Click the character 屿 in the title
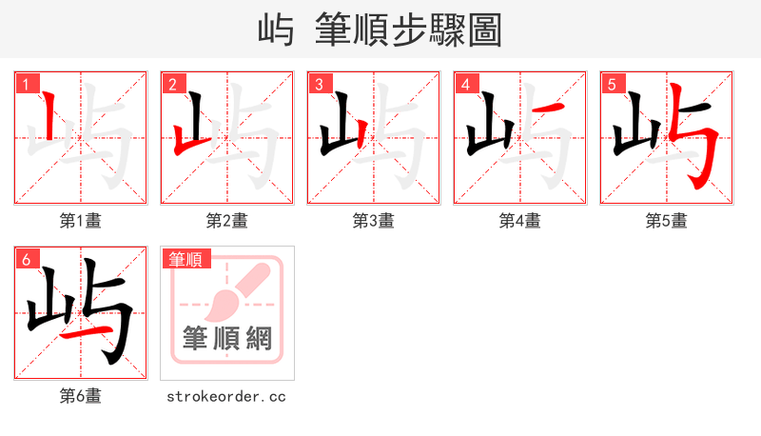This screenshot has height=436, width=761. tap(275, 30)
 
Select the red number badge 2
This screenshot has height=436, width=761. tap(172, 85)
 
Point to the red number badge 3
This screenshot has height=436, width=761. tap(319, 85)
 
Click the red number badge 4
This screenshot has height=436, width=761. tap(465, 85)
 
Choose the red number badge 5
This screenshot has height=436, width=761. tap(612, 85)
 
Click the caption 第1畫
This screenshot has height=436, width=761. tap(81, 221)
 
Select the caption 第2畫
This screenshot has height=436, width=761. tap(227, 221)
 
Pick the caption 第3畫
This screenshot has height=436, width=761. tap(374, 221)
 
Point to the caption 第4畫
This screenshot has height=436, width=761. tap(520, 221)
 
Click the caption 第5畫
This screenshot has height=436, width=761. tap(667, 221)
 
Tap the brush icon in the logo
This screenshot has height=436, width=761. tap(229, 294)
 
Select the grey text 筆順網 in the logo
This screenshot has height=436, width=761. tap(227, 338)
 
